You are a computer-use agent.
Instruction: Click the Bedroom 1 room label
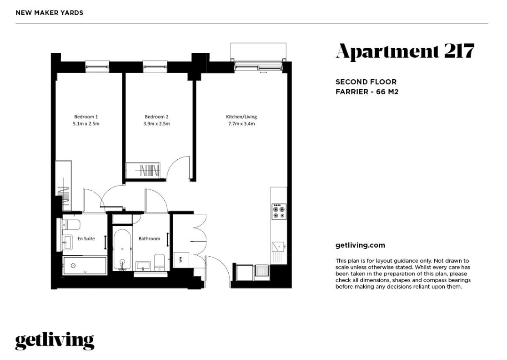point(86,117)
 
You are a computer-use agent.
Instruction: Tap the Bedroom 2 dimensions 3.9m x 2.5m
point(156,124)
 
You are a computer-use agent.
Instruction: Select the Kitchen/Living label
point(241,117)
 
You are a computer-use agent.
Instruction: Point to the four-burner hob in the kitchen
point(279,211)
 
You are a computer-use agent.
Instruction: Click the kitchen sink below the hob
point(278,247)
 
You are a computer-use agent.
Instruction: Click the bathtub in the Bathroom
point(123,249)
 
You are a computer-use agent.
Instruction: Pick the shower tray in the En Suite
point(85,266)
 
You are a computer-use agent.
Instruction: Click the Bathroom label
point(149,238)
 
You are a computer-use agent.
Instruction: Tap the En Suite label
point(86,238)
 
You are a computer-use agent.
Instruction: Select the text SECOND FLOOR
point(366,82)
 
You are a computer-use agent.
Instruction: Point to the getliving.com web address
point(360,245)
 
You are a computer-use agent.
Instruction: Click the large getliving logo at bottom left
point(55,341)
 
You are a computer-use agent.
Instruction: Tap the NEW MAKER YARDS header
point(50,13)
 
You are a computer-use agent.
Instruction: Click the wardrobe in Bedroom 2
point(143,170)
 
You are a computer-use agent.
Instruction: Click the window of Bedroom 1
point(97,66)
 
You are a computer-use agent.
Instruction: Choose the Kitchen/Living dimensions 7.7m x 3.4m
point(241,124)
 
